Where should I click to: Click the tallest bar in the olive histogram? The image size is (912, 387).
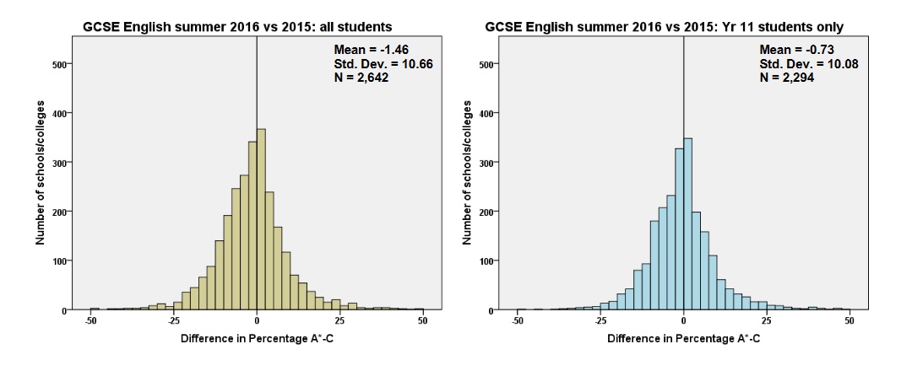click(261, 219)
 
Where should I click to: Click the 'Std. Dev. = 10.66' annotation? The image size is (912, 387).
click(384, 63)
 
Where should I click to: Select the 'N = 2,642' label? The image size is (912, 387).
click(361, 77)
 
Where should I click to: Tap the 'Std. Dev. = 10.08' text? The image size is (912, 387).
click(809, 63)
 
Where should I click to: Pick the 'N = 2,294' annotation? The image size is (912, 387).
click(787, 77)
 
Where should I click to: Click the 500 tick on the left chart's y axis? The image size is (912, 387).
click(59, 64)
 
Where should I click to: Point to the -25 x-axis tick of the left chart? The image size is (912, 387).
click(173, 320)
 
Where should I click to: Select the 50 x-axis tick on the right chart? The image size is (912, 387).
click(850, 320)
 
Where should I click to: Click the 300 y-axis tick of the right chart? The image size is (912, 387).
click(485, 162)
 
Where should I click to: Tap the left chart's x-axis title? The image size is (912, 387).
click(257, 338)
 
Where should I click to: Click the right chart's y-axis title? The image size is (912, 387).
click(466, 172)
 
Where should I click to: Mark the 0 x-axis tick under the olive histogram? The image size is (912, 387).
click(257, 320)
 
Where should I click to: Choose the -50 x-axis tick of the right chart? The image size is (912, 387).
click(517, 320)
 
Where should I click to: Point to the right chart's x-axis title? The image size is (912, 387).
click(683, 338)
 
